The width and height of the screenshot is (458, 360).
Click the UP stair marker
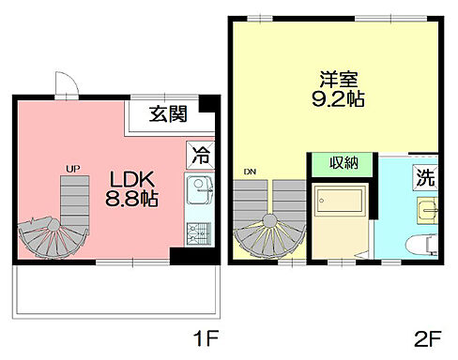click(71, 169)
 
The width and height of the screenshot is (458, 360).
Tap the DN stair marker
click(249, 172)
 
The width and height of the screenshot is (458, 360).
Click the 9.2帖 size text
click(339, 97)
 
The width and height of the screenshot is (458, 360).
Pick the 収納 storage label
click(343, 163)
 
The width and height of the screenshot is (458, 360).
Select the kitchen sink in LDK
click(199, 192)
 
